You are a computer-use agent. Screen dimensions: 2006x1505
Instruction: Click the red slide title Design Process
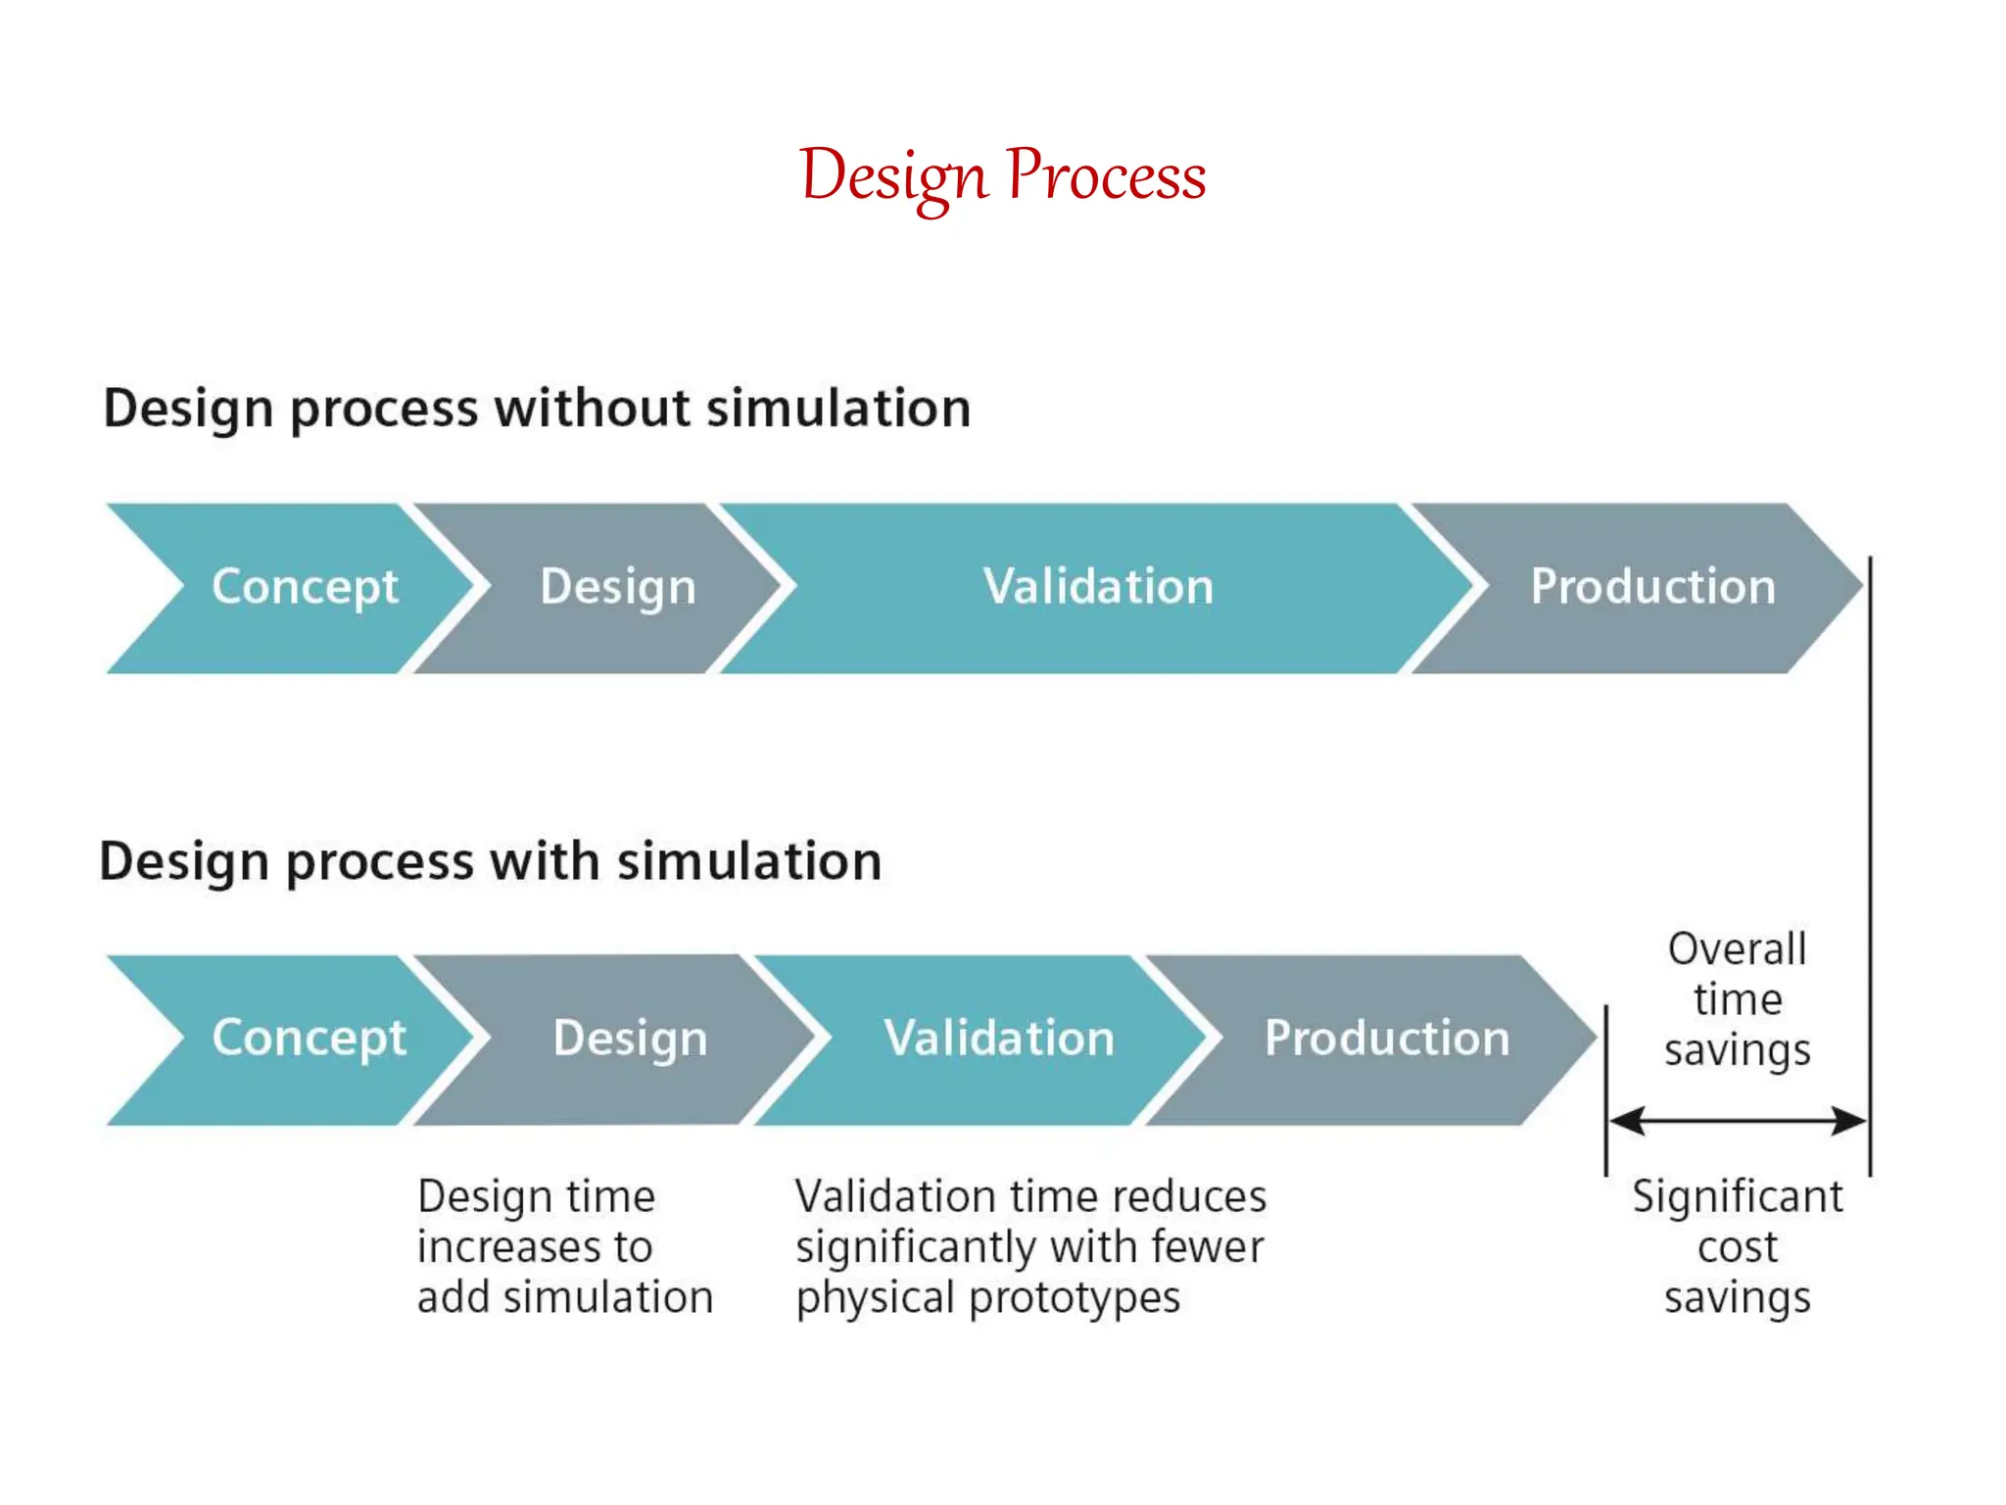[x=1002, y=176]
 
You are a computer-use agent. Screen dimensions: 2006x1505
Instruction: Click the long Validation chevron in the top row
[x=1097, y=588]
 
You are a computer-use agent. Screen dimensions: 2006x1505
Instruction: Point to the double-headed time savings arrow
[x=1737, y=1121]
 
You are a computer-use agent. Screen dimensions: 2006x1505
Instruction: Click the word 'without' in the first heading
[x=592, y=409]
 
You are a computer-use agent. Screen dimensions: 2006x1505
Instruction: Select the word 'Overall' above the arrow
[x=1737, y=949]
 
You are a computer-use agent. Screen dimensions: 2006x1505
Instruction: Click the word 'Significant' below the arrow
[x=1737, y=1197]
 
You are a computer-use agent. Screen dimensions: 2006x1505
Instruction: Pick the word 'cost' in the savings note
[x=1737, y=1247]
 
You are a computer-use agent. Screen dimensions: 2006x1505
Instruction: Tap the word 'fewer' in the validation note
[x=1207, y=1247]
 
